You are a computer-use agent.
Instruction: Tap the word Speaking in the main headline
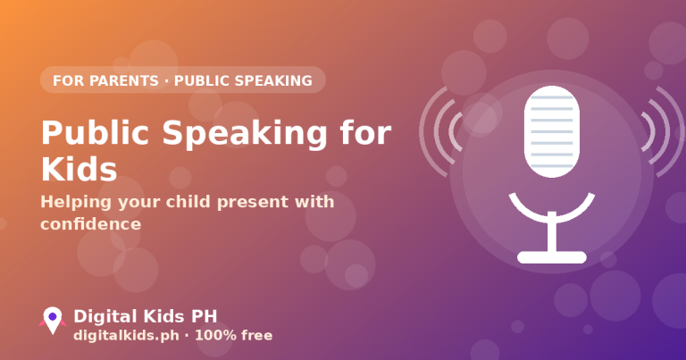(245, 134)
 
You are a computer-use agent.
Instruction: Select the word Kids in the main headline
(79, 169)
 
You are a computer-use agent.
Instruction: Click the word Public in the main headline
(95, 132)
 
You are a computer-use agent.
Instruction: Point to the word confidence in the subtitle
(90, 224)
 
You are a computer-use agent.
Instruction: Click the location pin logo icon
(53, 320)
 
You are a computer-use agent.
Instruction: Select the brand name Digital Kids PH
(146, 316)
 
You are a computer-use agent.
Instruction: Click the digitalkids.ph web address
(126, 336)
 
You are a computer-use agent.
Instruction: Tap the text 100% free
(234, 336)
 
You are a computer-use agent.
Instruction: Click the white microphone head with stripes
(552, 131)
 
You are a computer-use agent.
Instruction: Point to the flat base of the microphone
(552, 257)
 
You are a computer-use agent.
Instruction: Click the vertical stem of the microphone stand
(552, 232)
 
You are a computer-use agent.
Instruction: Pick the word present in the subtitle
(253, 203)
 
